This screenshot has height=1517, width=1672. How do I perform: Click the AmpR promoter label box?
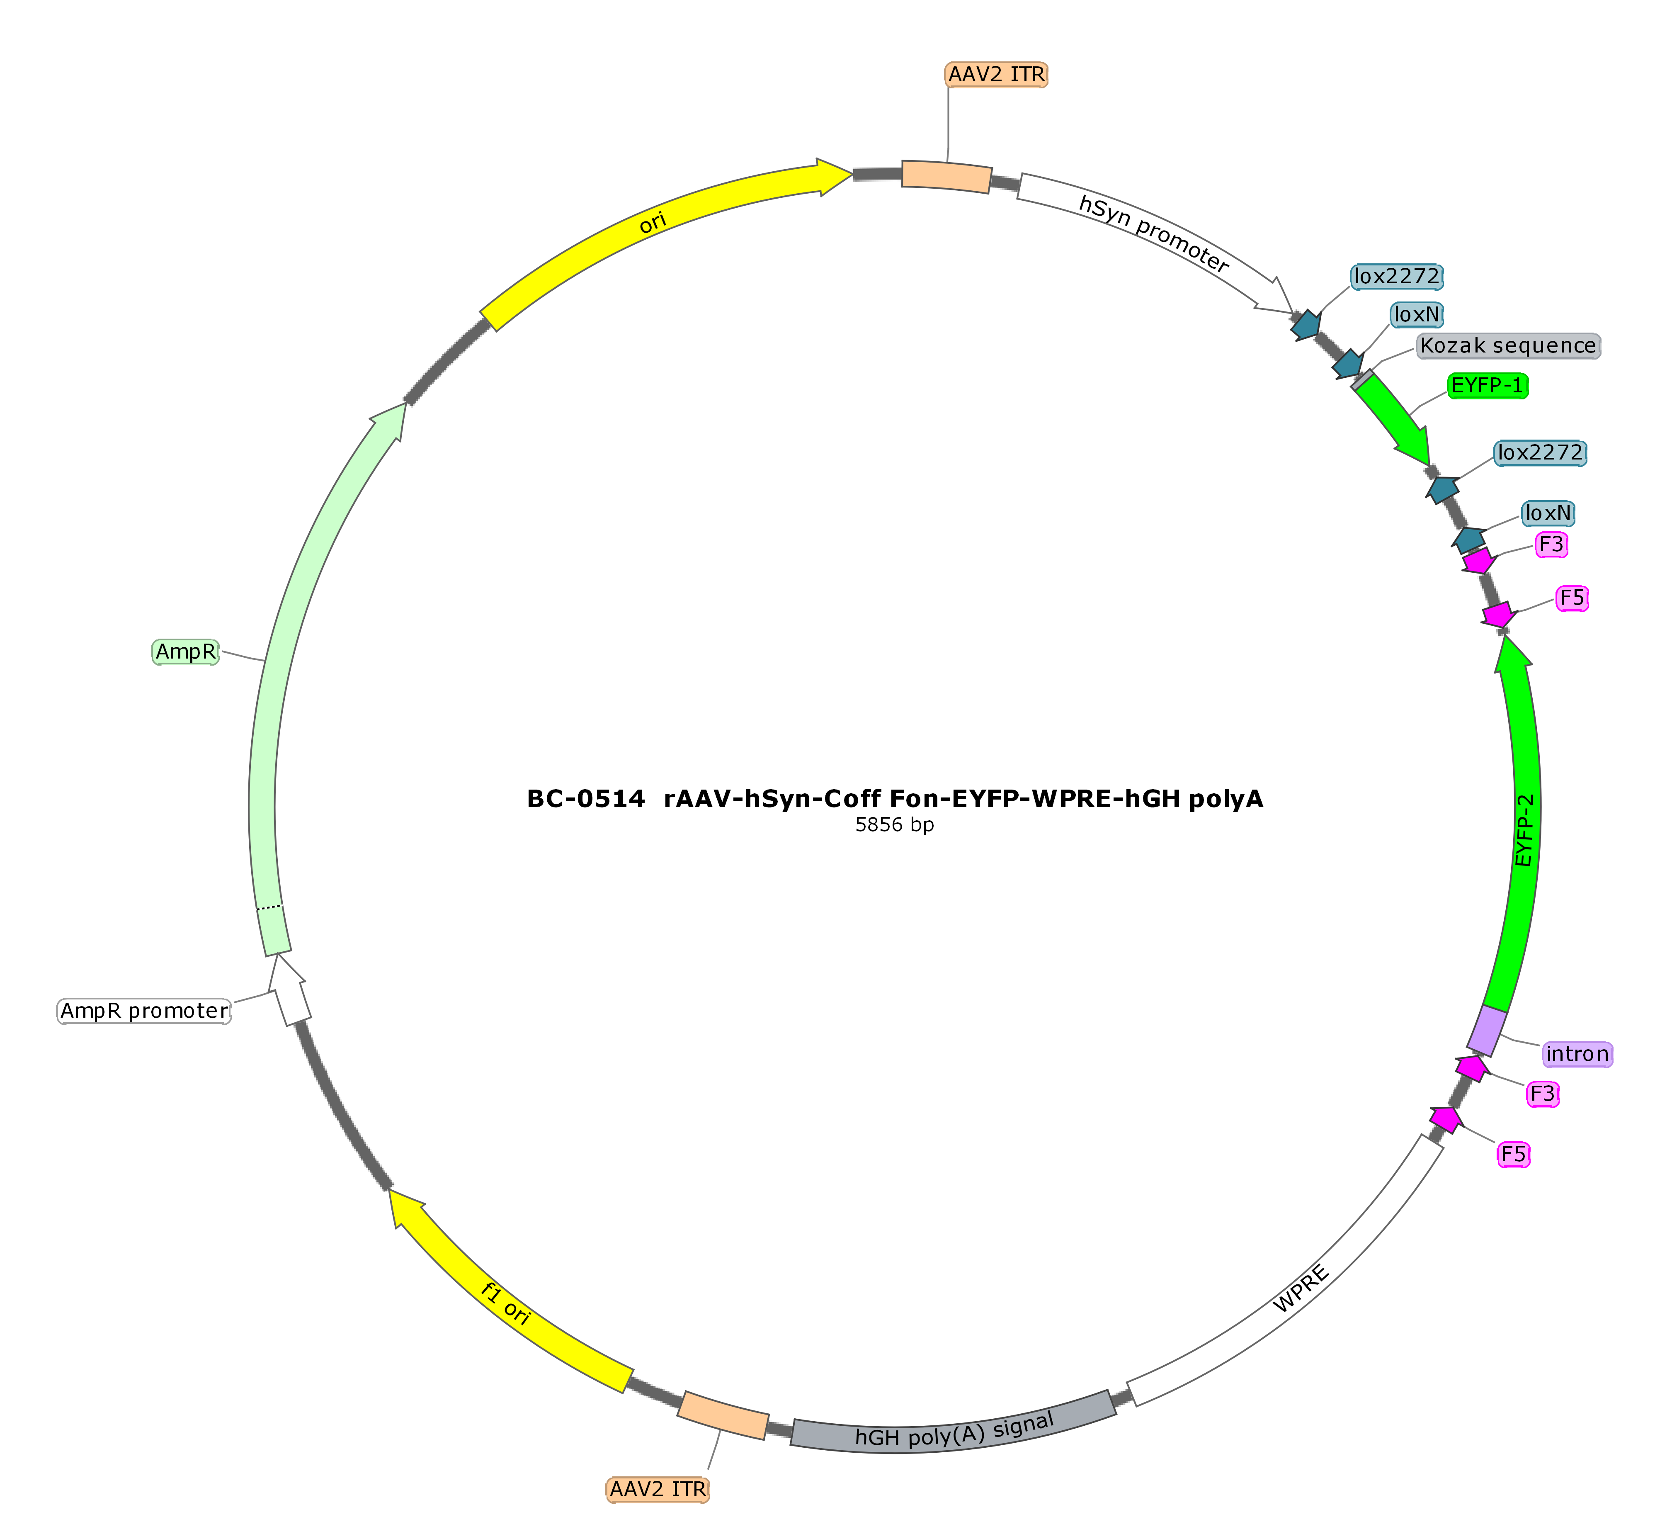click(x=144, y=1010)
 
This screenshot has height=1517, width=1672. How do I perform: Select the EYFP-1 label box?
click(x=1487, y=386)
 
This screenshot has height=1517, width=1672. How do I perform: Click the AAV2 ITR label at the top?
click(x=996, y=75)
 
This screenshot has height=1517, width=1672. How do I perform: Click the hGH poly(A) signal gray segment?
click(x=954, y=1425)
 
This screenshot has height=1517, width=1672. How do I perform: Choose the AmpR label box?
click(x=186, y=652)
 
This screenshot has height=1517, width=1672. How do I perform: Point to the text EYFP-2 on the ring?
click(x=1524, y=830)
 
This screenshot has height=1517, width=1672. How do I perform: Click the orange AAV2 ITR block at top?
click(x=946, y=176)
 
